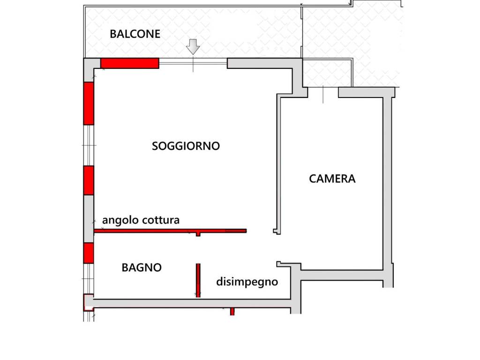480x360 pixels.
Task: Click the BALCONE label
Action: pyautogui.click(x=135, y=34)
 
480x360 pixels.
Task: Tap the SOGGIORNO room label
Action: pyautogui.click(x=186, y=146)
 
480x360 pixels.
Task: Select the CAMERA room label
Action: pyautogui.click(x=332, y=179)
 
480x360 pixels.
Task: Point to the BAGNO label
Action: pyautogui.click(x=142, y=268)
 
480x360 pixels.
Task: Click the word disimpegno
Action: pyautogui.click(x=247, y=282)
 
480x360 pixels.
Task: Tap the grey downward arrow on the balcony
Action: pyautogui.click(x=193, y=47)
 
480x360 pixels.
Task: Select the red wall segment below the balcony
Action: pyautogui.click(x=130, y=63)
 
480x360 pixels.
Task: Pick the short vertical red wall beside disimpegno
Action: pyautogui.click(x=198, y=280)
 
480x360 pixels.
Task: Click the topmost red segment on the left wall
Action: pyautogui.click(x=89, y=103)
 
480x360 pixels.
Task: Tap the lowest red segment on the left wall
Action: pyautogui.click(x=89, y=253)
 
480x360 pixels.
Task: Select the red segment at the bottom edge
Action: pyautogui.click(x=232, y=312)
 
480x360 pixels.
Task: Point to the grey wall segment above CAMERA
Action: pyautogui.click(x=361, y=92)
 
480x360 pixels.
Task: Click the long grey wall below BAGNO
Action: pyautogui.click(x=192, y=304)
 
